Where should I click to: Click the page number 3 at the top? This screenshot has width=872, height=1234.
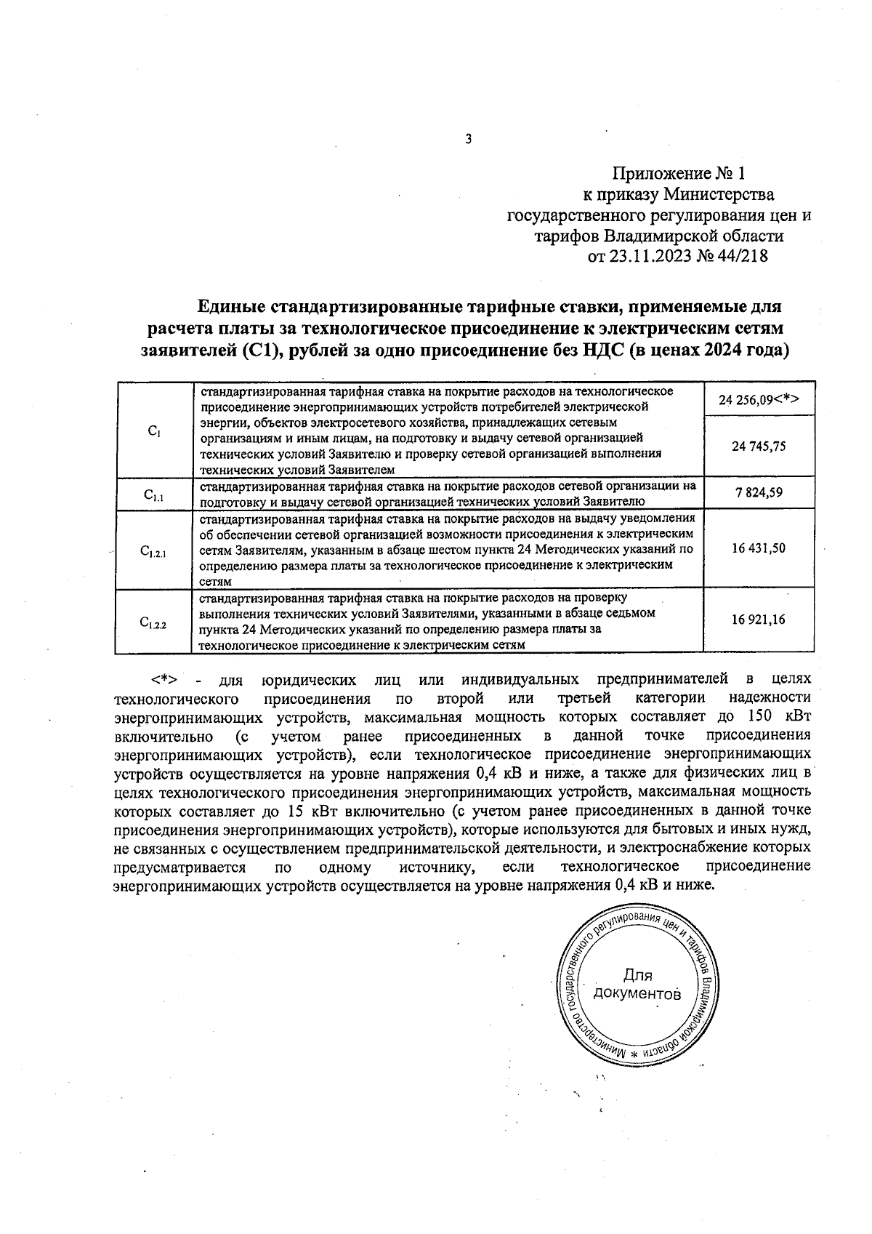469,139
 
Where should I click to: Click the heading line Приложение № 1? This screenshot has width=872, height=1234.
679,174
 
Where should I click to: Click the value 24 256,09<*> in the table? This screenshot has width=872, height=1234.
759,399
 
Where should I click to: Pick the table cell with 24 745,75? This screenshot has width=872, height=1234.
758,447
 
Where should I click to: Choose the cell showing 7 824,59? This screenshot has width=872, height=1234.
758,493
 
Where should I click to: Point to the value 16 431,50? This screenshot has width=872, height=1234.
758,548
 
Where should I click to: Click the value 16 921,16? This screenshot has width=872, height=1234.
758,620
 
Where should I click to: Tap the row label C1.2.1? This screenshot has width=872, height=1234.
153,552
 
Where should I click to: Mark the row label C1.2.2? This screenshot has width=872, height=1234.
153,623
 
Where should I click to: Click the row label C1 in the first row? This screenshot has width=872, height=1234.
153,431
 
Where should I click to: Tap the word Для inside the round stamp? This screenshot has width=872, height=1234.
637,976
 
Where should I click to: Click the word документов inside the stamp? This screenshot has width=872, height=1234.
637,994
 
